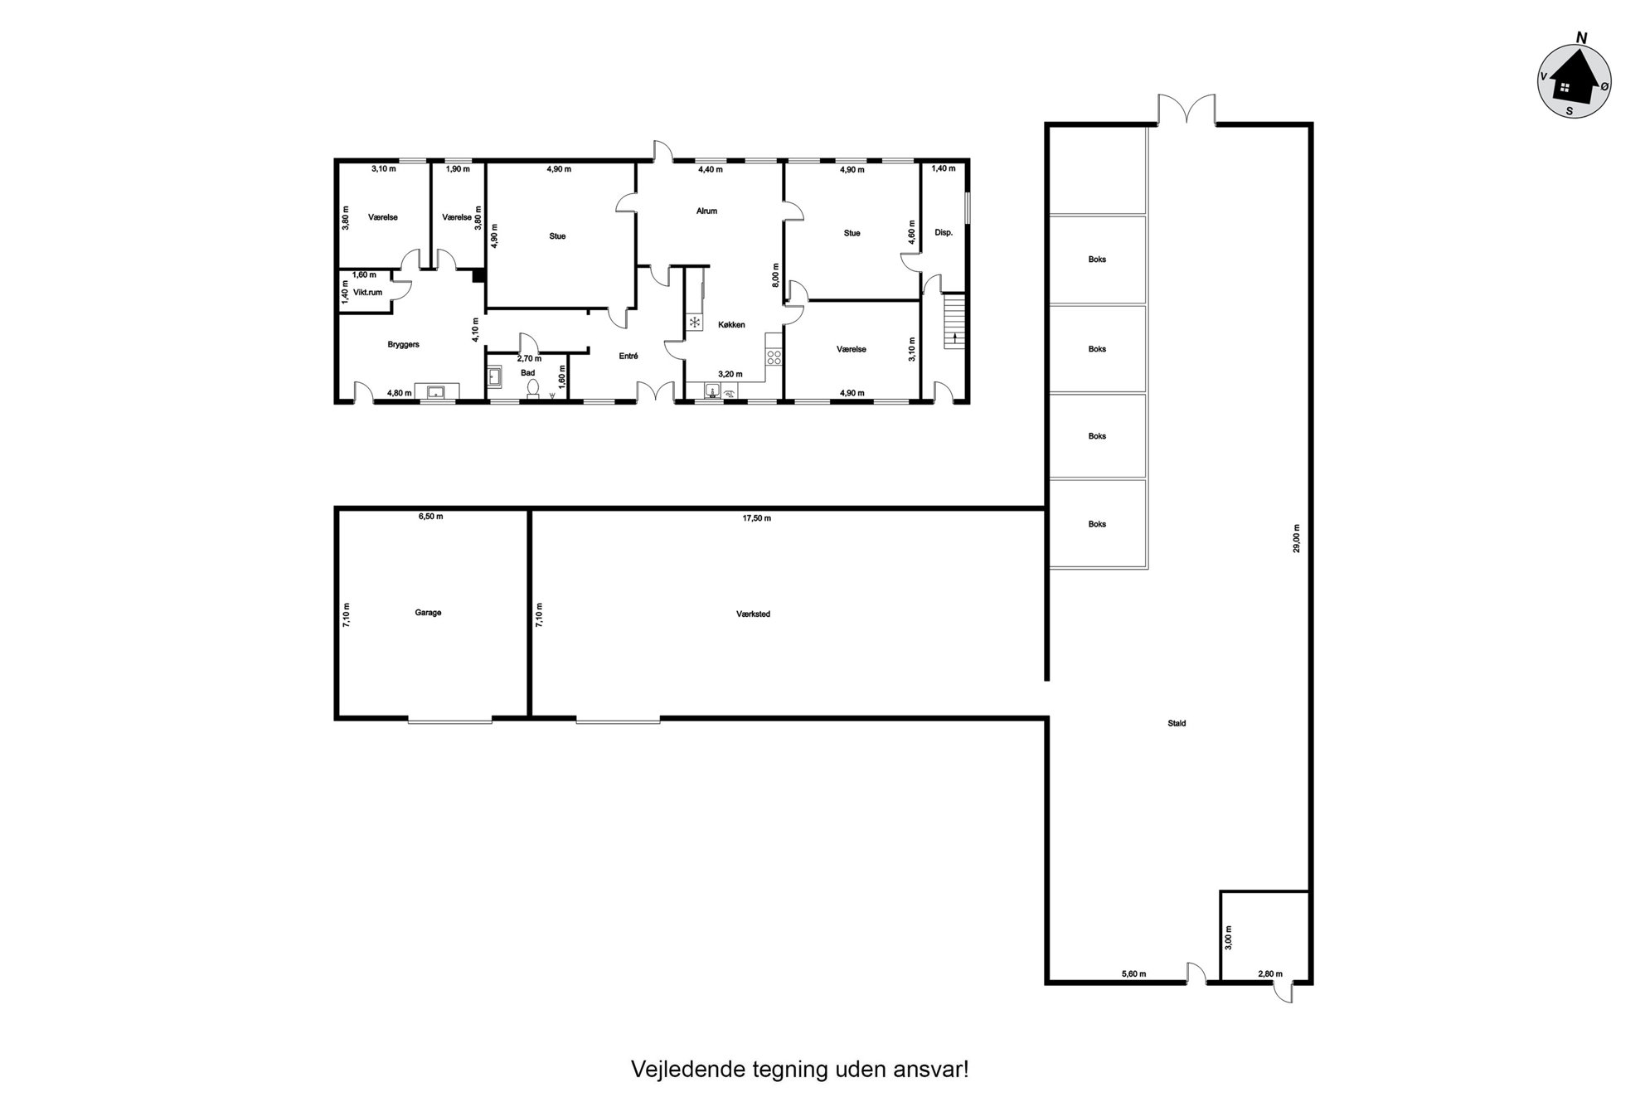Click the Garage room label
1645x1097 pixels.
pyautogui.click(x=428, y=613)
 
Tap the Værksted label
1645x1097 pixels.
pyautogui.click(x=753, y=614)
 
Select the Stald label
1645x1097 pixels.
pyautogui.click(x=1177, y=723)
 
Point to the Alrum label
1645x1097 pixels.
pyautogui.click(x=706, y=211)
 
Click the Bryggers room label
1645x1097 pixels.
pyautogui.click(x=403, y=344)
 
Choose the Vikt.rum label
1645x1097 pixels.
pyautogui.click(x=367, y=292)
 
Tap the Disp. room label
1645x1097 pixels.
pyautogui.click(x=944, y=233)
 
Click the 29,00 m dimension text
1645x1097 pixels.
pyautogui.click(x=1297, y=538)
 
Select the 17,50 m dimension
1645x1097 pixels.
pyautogui.click(x=756, y=518)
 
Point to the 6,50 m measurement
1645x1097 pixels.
pyautogui.click(x=430, y=516)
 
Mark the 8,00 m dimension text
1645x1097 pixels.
pyautogui.click(x=776, y=274)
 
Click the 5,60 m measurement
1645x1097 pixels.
pyautogui.click(x=1133, y=974)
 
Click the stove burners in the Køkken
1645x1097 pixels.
pyautogui.click(x=774, y=357)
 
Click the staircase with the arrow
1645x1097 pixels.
pyautogui.click(x=955, y=322)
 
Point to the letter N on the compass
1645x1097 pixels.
pyautogui.click(x=1581, y=37)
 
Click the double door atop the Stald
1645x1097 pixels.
pyautogui.click(x=1187, y=109)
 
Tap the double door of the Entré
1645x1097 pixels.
pyautogui.click(x=656, y=391)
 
